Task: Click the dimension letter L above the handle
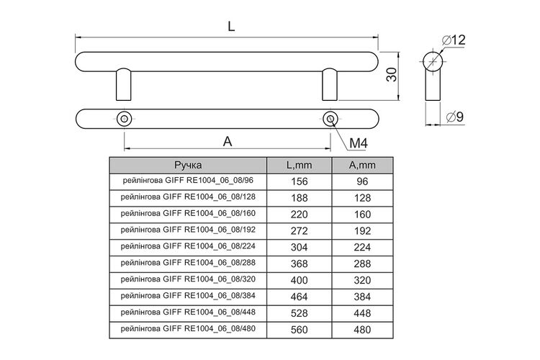point(231,26)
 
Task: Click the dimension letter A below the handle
point(228,141)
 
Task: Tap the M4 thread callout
point(359,143)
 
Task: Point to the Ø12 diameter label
point(454,40)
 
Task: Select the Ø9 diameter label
point(455,117)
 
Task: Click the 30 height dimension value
point(392,74)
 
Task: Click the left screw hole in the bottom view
point(124,120)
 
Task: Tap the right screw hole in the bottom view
point(330,120)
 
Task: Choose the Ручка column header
point(188,165)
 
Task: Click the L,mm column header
point(300,166)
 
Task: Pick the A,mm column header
point(362,166)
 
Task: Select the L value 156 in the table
point(300,181)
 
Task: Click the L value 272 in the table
point(300,231)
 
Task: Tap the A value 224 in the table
point(362,248)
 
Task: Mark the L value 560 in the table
point(300,330)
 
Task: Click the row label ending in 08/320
point(188,279)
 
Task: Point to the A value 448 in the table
point(362,313)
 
